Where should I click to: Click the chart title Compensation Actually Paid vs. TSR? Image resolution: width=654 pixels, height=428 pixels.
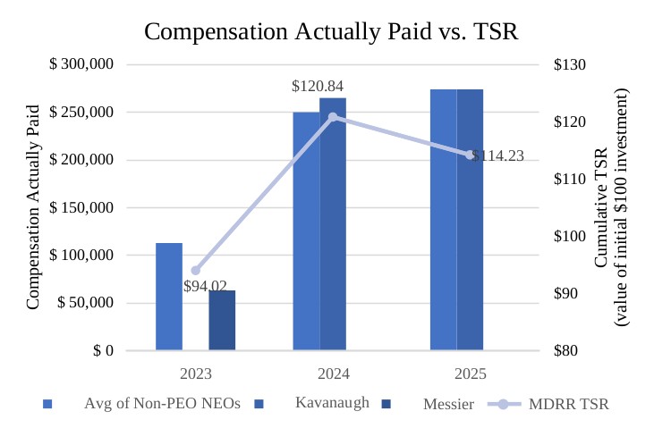(331, 31)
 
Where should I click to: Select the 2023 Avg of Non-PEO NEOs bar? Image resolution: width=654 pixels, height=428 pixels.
(169, 296)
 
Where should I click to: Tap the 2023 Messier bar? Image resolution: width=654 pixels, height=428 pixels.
(222, 320)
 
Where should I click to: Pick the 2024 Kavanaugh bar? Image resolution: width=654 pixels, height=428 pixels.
(333, 223)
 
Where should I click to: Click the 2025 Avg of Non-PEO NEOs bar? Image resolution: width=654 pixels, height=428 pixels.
(443, 219)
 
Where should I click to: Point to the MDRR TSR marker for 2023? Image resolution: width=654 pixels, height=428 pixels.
(196, 270)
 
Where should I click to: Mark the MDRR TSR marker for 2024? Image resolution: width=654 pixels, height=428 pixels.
(333, 117)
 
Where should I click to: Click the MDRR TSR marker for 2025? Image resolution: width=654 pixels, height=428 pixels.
(470, 155)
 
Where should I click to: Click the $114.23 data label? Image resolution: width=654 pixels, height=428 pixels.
(497, 156)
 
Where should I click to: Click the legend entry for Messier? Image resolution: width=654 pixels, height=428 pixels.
(448, 404)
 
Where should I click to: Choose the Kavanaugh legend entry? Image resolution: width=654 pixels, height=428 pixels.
(332, 403)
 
